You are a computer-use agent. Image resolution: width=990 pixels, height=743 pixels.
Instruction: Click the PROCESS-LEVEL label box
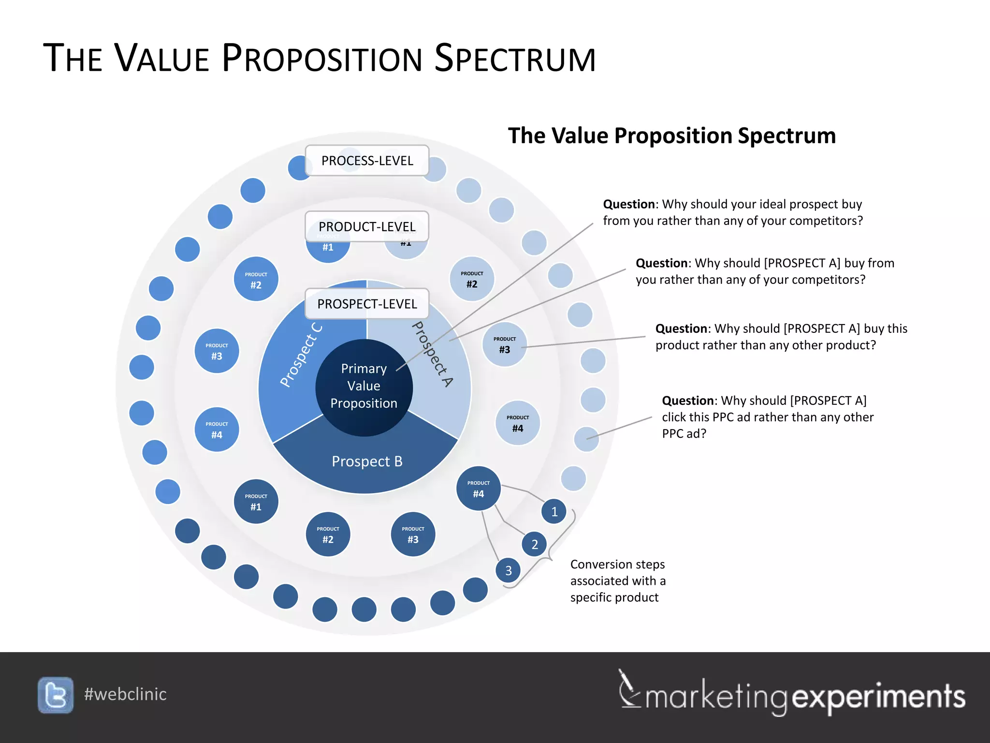click(x=367, y=161)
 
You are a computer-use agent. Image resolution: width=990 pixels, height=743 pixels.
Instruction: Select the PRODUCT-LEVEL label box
click(x=367, y=226)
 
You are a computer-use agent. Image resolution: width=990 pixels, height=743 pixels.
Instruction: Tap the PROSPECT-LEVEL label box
click(x=367, y=304)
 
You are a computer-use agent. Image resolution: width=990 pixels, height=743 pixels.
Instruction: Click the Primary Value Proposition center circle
click(x=364, y=387)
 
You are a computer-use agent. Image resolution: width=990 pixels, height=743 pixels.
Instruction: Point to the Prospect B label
click(x=367, y=461)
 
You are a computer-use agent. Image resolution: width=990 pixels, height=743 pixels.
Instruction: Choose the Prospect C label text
click(x=301, y=355)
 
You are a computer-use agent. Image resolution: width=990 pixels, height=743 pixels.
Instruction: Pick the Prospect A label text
click(x=432, y=354)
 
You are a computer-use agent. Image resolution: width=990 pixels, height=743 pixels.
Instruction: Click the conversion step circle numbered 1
click(x=554, y=511)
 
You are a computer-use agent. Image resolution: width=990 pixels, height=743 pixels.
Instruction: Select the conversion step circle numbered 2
click(x=534, y=544)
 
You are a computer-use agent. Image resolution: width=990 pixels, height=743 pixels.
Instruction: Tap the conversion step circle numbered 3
click(x=508, y=570)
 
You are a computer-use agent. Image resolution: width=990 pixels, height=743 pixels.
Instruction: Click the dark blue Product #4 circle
click(x=478, y=489)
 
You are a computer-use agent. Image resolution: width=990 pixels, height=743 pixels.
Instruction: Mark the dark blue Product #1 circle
click(x=256, y=502)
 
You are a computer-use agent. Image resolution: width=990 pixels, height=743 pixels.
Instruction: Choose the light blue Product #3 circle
click(x=504, y=344)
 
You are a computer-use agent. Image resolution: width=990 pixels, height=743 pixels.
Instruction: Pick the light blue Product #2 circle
click(x=472, y=279)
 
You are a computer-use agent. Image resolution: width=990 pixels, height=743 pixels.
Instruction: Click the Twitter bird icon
click(x=56, y=695)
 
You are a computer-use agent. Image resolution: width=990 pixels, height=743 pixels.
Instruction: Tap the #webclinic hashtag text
click(x=125, y=694)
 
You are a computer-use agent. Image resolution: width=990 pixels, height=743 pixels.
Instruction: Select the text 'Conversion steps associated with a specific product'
click(x=617, y=580)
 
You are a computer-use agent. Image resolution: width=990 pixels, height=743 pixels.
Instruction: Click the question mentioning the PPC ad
click(x=767, y=417)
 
